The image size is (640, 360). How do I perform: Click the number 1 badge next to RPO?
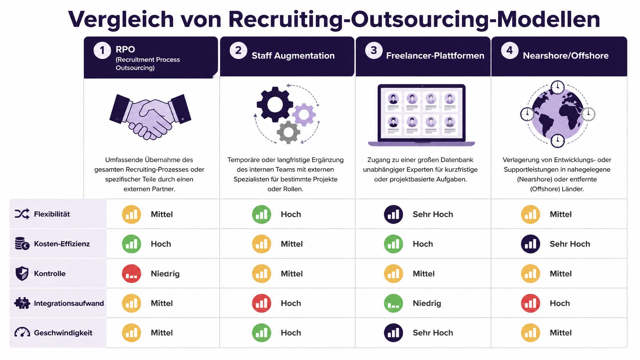[102, 50]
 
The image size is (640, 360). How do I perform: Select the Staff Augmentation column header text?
[293, 56]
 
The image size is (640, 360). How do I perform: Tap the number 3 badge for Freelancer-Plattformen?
[374, 50]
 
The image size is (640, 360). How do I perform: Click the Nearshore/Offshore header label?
[565, 56]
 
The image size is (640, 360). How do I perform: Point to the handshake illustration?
[150, 116]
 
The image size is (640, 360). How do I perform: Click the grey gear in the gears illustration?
[288, 132]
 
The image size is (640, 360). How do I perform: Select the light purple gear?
[304, 114]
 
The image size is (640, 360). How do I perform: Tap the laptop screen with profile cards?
[421, 113]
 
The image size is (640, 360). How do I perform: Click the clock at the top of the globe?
[558, 87]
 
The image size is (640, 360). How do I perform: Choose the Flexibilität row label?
[52, 214]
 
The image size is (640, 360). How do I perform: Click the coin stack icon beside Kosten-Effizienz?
[22, 244]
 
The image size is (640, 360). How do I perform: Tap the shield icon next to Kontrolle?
[22, 274]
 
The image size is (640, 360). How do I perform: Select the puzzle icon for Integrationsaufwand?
[22, 303]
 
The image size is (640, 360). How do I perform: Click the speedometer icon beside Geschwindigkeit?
[22, 332]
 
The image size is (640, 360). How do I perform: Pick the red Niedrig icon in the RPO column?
[131, 274]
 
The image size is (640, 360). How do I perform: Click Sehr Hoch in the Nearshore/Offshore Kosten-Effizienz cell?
[570, 244]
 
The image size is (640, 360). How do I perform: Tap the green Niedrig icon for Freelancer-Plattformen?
[393, 303]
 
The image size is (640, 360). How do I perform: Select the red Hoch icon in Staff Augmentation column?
[261, 303]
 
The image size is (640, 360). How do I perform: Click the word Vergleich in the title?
[121, 19]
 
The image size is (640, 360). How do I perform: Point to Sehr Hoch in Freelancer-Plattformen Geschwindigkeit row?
[433, 333]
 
